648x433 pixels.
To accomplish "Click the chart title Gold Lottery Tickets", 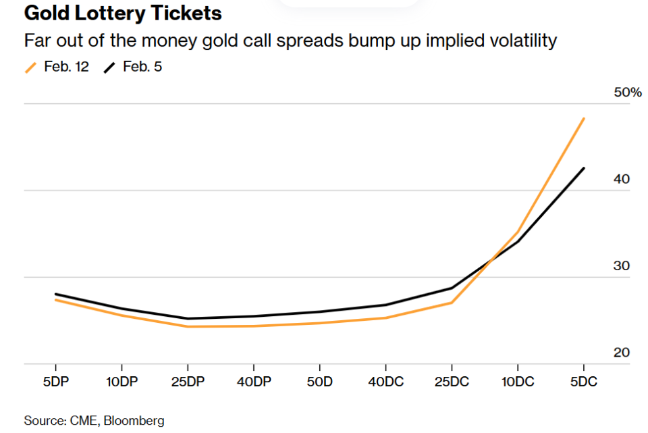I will point(123,14).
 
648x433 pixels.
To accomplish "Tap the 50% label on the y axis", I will point(627,92).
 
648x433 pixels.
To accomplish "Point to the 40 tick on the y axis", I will point(621,179).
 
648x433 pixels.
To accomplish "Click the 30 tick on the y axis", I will point(621,265).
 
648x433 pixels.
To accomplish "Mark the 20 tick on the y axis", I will point(621,353).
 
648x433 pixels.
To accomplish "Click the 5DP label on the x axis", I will point(55,382).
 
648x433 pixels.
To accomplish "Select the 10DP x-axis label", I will point(122,382).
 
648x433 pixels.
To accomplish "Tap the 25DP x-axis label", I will point(188,382).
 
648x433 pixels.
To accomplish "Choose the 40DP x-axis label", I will point(254,382).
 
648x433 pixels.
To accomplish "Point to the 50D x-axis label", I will point(319,382).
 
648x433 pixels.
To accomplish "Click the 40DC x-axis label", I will point(385,382).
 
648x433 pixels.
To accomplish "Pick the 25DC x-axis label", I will point(452,382).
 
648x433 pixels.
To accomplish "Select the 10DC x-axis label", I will point(518,382).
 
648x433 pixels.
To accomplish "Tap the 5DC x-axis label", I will point(583,382).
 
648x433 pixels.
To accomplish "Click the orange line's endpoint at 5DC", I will point(584,118).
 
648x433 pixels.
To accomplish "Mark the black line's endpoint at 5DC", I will point(584,168).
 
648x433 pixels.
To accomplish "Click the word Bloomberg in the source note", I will point(134,421).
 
